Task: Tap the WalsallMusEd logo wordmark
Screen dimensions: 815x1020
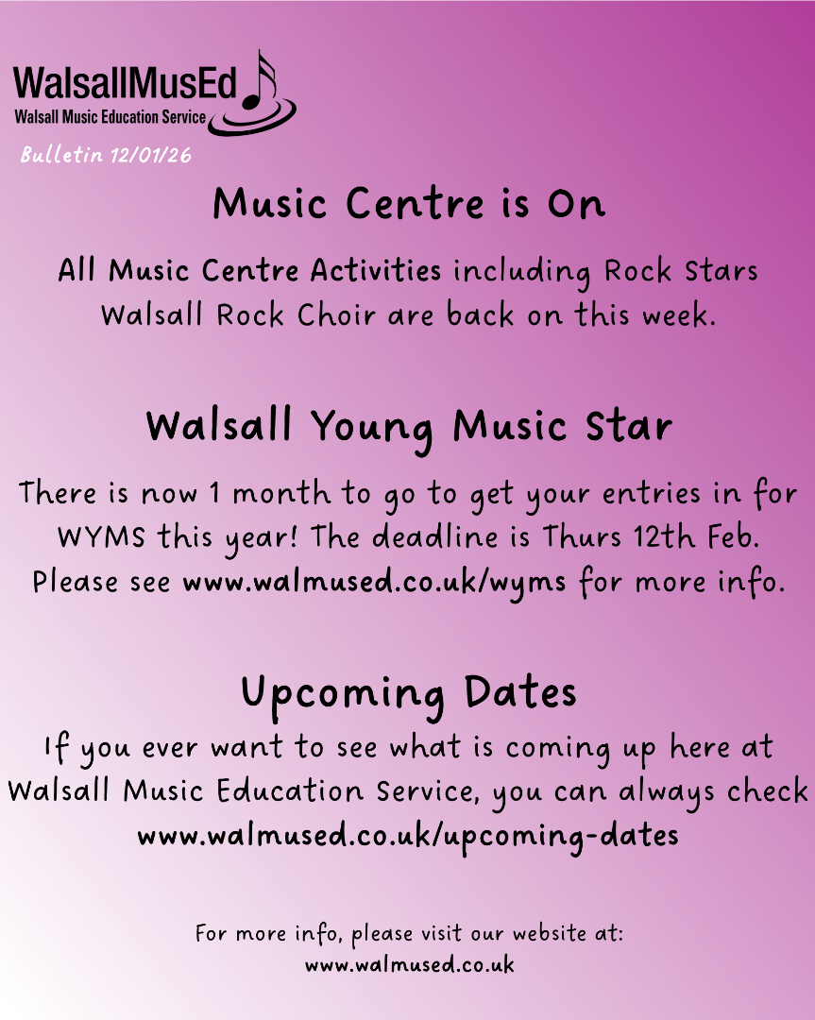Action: point(126,82)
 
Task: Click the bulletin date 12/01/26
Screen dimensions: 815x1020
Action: point(151,155)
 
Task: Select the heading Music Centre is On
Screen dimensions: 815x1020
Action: point(409,204)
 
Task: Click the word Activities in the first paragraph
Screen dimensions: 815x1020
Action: point(375,270)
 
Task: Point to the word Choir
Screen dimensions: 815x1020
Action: point(336,314)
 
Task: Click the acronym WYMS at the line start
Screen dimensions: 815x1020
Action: point(101,538)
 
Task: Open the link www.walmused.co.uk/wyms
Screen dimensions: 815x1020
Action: point(374,582)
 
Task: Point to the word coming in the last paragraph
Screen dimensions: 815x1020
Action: point(559,749)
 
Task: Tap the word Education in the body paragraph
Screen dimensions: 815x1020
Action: point(290,791)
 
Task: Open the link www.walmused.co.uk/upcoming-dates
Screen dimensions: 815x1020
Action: point(408,837)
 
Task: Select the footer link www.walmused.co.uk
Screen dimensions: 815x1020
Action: point(409,964)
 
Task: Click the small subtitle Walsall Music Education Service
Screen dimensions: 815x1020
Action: point(110,118)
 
